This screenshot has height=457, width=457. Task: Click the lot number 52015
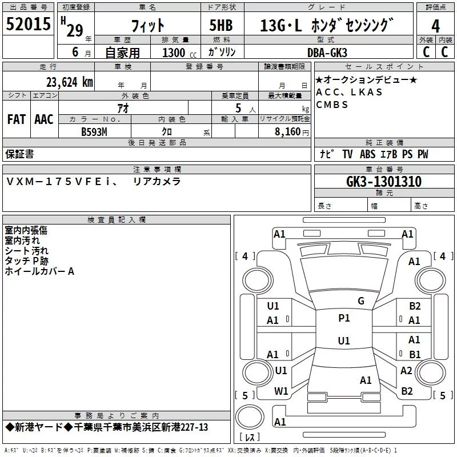pyautogui.click(x=28, y=24)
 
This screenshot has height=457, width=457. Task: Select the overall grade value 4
pyautogui.click(x=435, y=26)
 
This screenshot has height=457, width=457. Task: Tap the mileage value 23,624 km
pyautogui.click(x=69, y=82)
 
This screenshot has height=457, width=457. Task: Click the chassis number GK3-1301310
pyautogui.click(x=384, y=182)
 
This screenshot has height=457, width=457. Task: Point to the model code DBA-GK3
pyautogui.click(x=327, y=53)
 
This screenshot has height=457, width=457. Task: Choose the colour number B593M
pyautogui.click(x=94, y=132)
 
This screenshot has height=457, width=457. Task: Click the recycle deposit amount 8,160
pyautogui.click(x=288, y=132)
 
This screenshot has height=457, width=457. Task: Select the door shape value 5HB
pyautogui.click(x=221, y=25)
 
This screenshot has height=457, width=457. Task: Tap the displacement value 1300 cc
pyautogui.click(x=179, y=53)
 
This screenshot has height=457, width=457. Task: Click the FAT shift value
pyautogui.click(x=17, y=119)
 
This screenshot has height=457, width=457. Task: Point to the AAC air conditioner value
pyautogui.click(x=44, y=119)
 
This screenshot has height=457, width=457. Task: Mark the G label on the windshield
pyautogui.click(x=361, y=301)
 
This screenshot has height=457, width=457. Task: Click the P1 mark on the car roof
pyautogui.click(x=344, y=318)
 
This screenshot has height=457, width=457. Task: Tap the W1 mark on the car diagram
pyautogui.click(x=281, y=391)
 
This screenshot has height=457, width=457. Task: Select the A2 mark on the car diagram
pyautogui.click(x=406, y=371)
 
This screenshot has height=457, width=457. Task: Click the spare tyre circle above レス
pyautogui.click(x=250, y=416)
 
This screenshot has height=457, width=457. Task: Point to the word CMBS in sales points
pyautogui.click(x=332, y=105)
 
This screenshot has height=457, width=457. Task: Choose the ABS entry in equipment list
pyautogui.click(x=367, y=154)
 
